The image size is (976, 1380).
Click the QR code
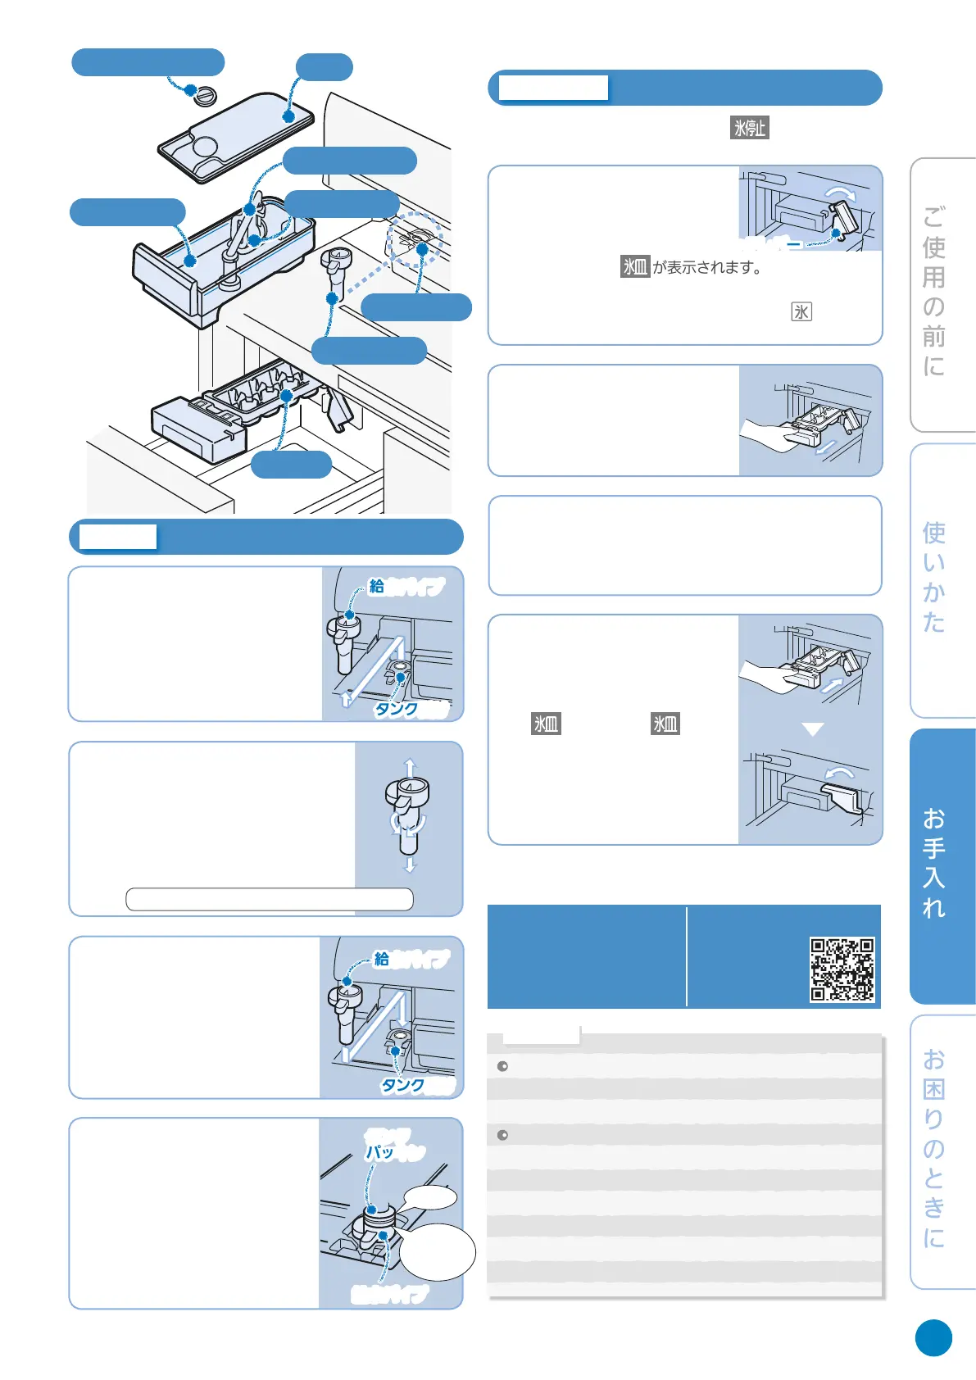click(x=842, y=969)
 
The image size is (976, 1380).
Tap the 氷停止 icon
click(x=749, y=128)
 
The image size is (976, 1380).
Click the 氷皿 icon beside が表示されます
click(x=635, y=266)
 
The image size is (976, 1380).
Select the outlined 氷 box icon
click(x=801, y=311)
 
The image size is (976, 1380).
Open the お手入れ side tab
click(x=935, y=864)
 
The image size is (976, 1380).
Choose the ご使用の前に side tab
click(x=935, y=292)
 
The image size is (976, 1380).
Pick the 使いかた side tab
click(x=935, y=577)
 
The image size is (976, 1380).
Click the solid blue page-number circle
click(x=933, y=1338)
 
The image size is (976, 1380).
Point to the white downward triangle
click(x=812, y=729)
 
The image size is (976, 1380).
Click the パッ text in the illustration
click(x=379, y=1151)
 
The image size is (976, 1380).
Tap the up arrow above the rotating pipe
click(x=410, y=767)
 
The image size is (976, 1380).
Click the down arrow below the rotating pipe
click(x=410, y=865)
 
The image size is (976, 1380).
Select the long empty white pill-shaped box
click(x=269, y=899)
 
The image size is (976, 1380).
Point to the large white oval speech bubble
click(x=438, y=1251)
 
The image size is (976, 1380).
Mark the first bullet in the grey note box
click(x=502, y=1066)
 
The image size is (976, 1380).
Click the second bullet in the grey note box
click(x=502, y=1135)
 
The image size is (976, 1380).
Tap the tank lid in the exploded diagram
click(x=238, y=135)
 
